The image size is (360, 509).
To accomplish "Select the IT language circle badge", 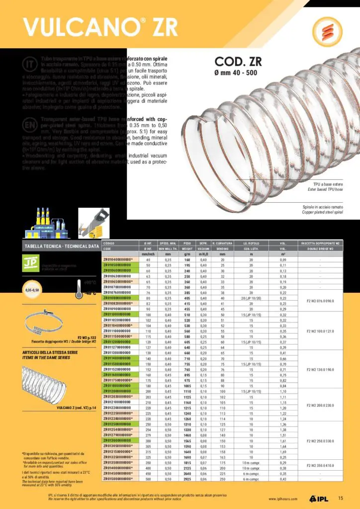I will point(29,64).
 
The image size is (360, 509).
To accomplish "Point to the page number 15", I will point(341,499).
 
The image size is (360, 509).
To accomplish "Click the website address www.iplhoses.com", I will point(284,499).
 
